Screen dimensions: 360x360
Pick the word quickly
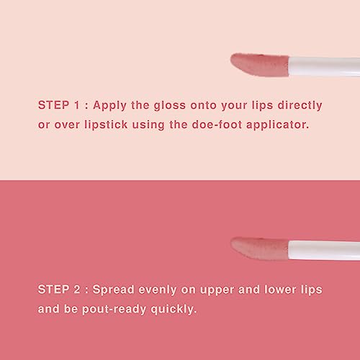pos(176,309)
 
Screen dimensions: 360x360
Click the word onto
pos(212,104)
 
